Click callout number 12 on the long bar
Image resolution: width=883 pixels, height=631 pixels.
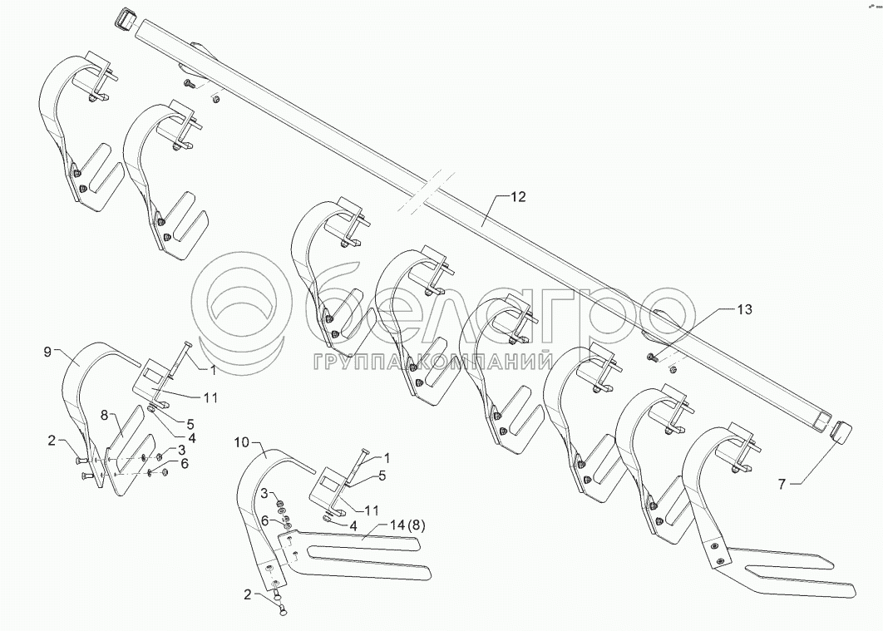tap(518, 197)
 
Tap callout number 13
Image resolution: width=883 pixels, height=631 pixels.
tap(743, 309)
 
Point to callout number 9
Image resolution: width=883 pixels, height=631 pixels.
tap(47, 351)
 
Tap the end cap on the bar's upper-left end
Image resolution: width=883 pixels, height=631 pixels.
tap(126, 17)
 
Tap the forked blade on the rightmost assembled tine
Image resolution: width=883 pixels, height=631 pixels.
tap(790, 574)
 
